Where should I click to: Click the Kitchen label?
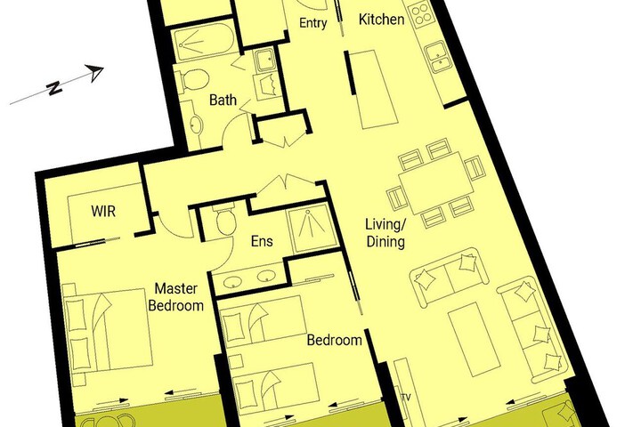pos(381,20)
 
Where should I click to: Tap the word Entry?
pos(312,23)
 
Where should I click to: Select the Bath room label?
pos(223,100)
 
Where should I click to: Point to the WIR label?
pos(103,211)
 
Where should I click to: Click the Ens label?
pos(262,241)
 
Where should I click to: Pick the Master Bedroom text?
pos(176,297)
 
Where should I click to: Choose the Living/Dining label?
pos(385,233)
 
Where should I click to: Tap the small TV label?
pos(406,397)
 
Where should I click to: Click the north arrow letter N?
pos(54,87)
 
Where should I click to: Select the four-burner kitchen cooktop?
pos(420,15)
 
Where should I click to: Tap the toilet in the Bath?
pos(192,80)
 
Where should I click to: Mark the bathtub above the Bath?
pos(203,42)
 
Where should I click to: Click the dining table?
pos(435,183)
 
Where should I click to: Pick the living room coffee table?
pos(475,339)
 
